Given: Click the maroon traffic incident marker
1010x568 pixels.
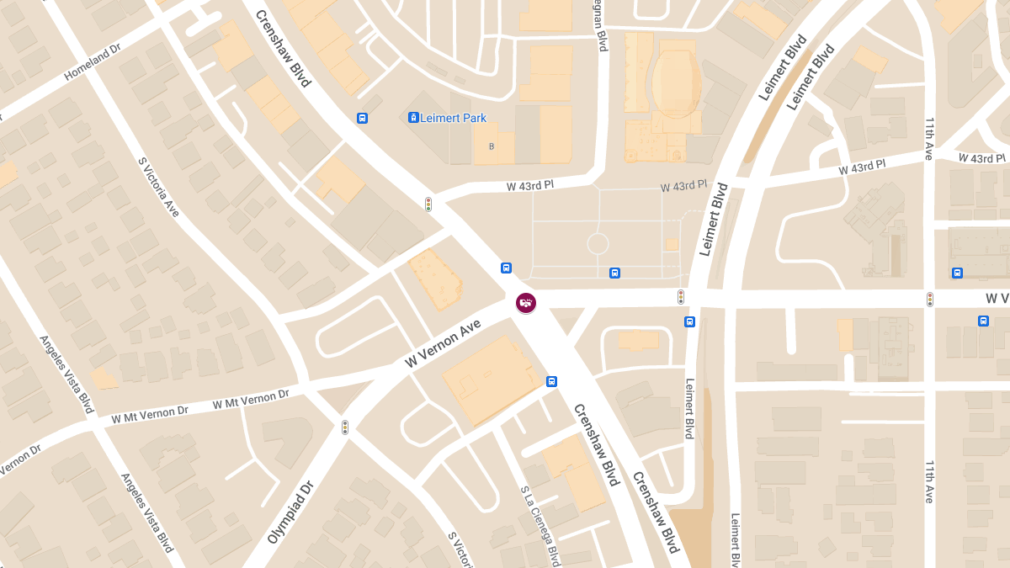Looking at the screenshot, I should tap(526, 302).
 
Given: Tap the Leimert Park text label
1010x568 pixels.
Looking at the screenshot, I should tap(453, 119).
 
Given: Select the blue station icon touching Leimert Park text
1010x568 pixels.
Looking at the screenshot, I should tap(413, 118).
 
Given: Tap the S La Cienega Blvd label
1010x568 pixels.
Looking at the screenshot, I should tap(540, 525).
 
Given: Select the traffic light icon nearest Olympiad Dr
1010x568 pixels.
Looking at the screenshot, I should tap(344, 427).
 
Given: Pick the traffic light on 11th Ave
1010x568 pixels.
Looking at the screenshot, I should tap(930, 299).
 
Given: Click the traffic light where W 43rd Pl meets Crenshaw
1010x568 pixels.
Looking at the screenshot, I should tap(428, 204).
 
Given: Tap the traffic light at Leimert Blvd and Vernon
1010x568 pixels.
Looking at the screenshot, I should tap(681, 296).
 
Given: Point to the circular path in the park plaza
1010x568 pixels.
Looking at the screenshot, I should tap(598, 244).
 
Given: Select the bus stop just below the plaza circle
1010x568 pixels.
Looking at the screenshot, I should tap(615, 273).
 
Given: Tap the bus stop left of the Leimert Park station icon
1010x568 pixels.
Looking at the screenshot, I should tap(362, 118).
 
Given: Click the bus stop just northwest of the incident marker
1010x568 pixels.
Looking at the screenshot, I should tap(507, 268).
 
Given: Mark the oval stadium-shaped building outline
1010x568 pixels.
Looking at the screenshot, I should tap(675, 82).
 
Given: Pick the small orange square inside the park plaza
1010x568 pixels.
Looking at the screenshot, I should tap(671, 244).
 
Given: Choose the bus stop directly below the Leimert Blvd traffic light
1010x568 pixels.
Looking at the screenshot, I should tap(690, 321).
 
